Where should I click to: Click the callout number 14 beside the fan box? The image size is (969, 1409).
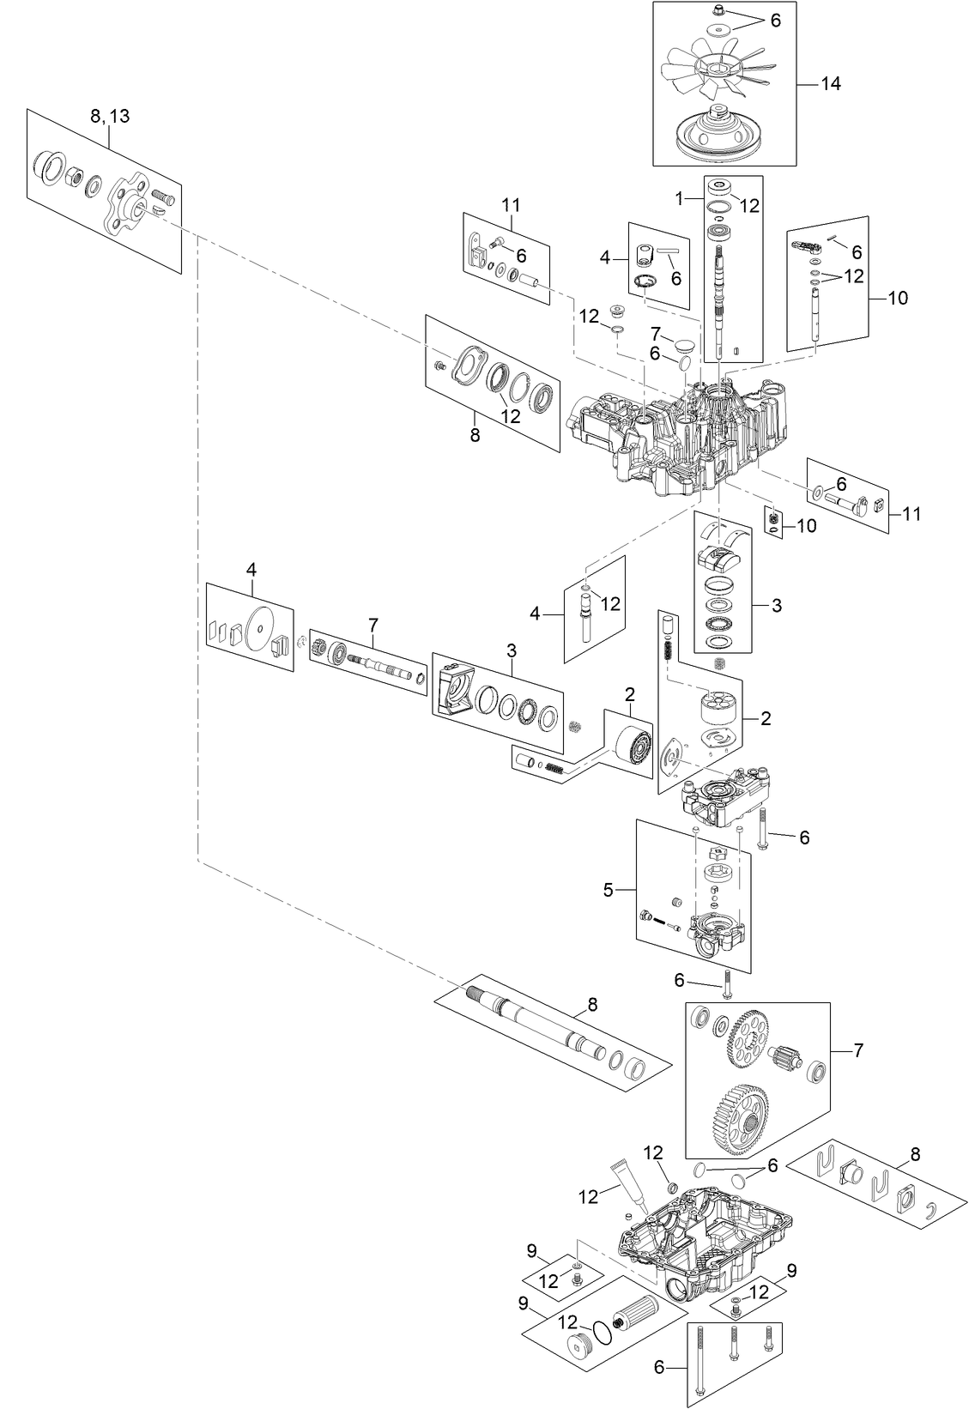831,84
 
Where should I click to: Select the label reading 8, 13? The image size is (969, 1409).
110,116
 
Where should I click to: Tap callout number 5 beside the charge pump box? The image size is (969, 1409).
609,889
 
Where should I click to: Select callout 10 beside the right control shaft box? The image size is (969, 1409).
897,298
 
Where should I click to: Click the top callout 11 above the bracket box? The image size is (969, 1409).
511,205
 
